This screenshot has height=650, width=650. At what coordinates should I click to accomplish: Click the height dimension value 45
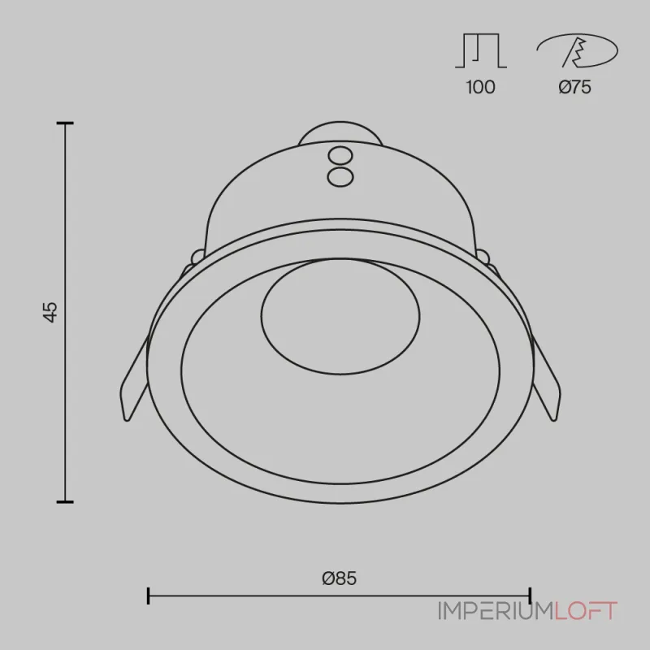coord(50,312)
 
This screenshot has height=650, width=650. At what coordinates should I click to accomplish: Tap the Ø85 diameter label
coord(339,578)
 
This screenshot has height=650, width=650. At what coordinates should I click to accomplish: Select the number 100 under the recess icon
coord(480,87)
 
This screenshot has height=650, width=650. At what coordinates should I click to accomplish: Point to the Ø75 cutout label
coord(574,87)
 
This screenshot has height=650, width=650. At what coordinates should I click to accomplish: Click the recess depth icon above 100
coord(481,50)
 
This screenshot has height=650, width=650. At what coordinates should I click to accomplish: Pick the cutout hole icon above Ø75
coord(577,50)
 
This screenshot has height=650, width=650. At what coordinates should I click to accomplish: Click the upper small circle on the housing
coord(340,156)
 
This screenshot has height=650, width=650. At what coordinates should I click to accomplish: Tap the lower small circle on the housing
coord(340,176)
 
